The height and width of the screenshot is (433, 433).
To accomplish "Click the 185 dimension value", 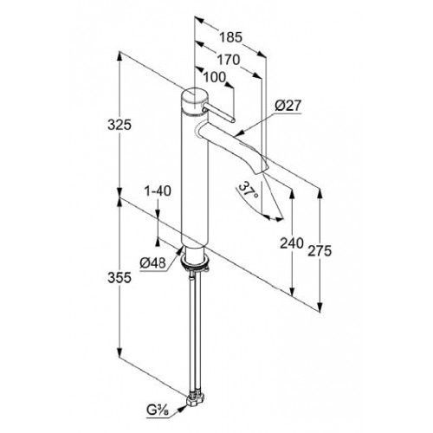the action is (230, 37).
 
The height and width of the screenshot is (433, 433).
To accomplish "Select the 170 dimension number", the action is (229, 60).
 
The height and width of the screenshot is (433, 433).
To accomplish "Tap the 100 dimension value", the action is (215, 77).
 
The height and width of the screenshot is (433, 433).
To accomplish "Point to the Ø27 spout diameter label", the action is (288, 106).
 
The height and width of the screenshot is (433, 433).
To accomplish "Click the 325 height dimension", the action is (120, 125).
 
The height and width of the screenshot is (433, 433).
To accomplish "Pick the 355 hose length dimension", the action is (120, 278).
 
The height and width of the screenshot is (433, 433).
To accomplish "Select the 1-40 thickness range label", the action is (158, 191).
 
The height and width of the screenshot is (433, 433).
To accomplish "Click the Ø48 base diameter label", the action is (152, 263).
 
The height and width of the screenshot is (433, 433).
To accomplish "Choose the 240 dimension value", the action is (292, 243).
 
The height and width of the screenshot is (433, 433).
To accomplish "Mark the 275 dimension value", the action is (320, 250).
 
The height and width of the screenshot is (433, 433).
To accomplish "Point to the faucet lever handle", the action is (219, 113).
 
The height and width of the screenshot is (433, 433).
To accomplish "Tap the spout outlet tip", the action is (262, 170).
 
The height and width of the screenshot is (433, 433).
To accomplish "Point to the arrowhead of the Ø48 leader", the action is (180, 250).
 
